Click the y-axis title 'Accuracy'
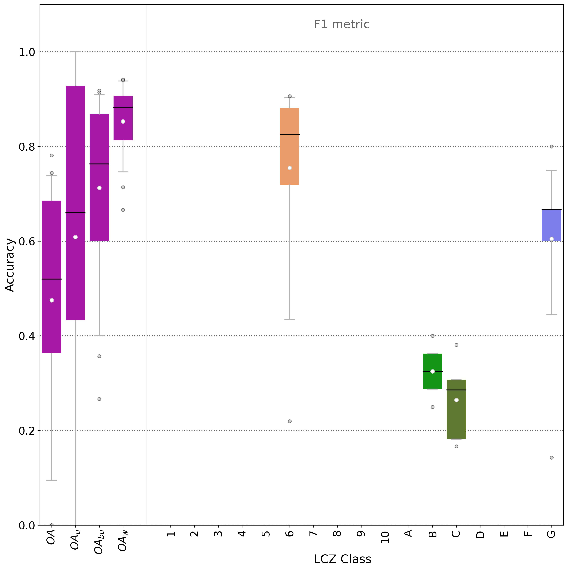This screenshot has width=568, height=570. coord(10,265)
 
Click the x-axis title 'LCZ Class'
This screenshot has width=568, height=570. coord(342,559)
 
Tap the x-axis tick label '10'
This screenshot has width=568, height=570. coord(385,537)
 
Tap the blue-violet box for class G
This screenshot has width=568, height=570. coord(551,224)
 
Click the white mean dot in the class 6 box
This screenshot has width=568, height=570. coord(290,168)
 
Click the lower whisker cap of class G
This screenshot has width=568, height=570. coord(551,315)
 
